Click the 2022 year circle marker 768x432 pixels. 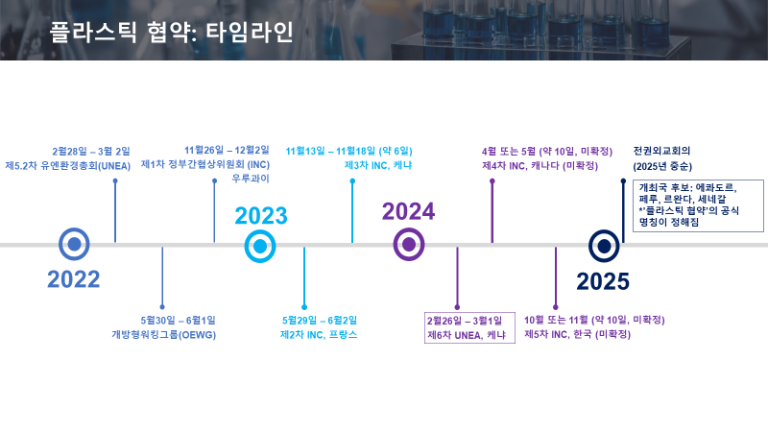pyautogui.click(x=74, y=244)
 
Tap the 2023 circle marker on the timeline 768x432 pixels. pyautogui.click(x=260, y=247)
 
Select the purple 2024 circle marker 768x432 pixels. pyautogui.click(x=409, y=245)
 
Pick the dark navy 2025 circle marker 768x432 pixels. pyautogui.click(x=604, y=246)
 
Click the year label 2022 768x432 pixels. pyautogui.click(x=74, y=279)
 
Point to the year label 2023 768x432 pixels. pyautogui.click(x=261, y=216)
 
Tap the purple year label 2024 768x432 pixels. pyautogui.click(x=409, y=211)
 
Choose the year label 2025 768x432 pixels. pyautogui.click(x=603, y=281)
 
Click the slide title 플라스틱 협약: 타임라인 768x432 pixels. pyautogui.click(x=172, y=32)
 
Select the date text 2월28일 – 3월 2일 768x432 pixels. pyautogui.click(x=91, y=152)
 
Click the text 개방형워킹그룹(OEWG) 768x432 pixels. pyautogui.click(x=163, y=335)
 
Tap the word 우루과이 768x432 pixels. pyautogui.click(x=251, y=179)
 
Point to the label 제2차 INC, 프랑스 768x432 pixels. pyautogui.click(x=319, y=335)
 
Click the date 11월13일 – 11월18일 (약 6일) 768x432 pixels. pyautogui.click(x=348, y=151)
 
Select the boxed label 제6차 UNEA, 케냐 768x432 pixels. pyautogui.click(x=467, y=335)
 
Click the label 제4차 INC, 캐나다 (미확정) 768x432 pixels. pyautogui.click(x=540, y=165)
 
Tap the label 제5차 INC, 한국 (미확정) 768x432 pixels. pyautogui.click(x=578, y=334)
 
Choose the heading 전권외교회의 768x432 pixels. pyautogui.click(x=661, y=151)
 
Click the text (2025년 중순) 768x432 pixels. pyautogui.click(x=662, y=166)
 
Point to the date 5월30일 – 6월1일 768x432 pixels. pyautogui.click(x=178, y=321)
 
